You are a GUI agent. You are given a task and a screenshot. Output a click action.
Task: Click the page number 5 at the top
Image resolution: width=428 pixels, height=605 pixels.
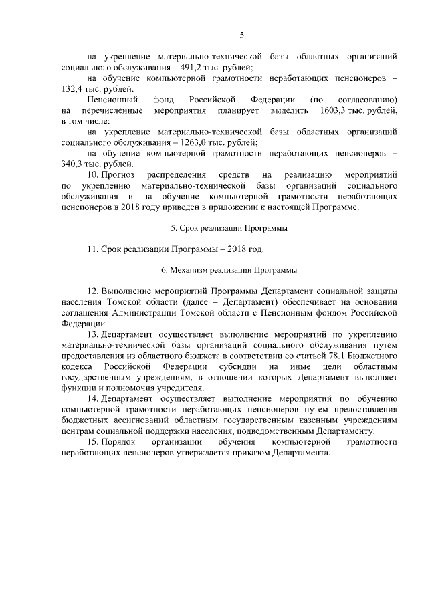tap(241, 35)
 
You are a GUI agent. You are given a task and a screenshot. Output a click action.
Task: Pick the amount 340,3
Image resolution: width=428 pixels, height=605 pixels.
tap(72, 164)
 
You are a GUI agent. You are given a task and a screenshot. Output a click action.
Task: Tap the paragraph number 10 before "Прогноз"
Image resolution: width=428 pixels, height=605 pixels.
tap(93, 175)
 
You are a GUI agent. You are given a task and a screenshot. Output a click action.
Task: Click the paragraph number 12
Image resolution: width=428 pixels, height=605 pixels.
tap(93, 292)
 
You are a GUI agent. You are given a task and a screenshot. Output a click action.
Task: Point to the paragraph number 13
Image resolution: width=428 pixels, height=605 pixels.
tap(93, 334)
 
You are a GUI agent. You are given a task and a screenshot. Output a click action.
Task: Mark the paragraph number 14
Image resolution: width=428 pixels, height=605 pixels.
tap(93, 398)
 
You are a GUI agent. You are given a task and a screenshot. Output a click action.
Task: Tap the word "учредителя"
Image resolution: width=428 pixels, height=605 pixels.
tap(161, 388)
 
